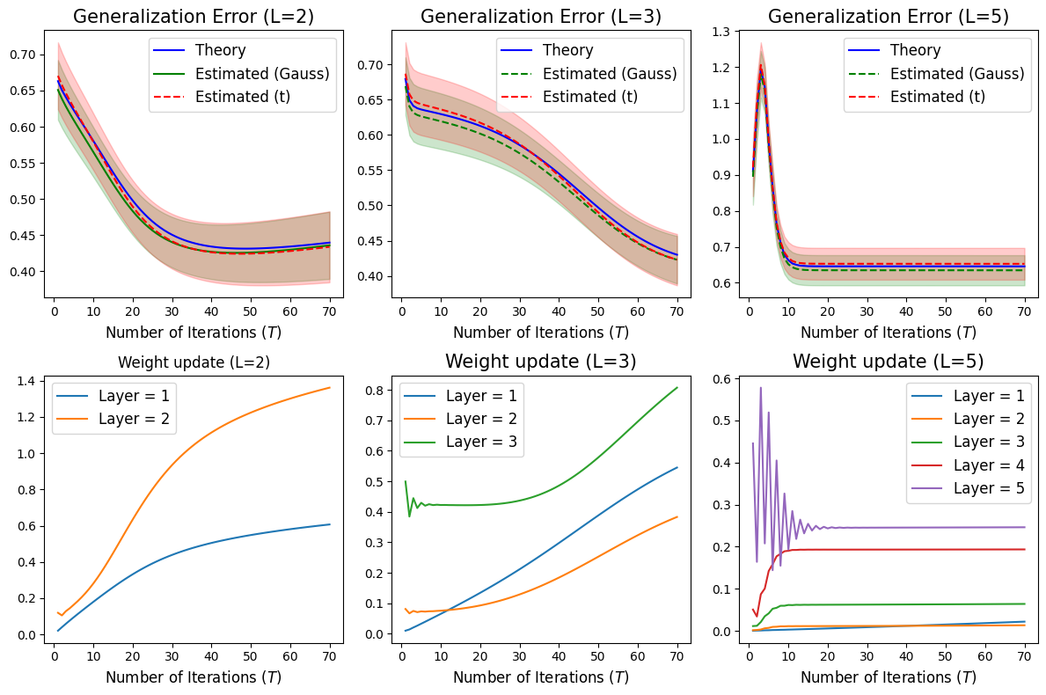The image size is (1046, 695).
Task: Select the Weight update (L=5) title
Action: (888, 361)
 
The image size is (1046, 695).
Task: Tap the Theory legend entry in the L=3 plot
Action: (567, 50)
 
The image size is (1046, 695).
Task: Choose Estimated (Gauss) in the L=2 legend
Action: (260, 73)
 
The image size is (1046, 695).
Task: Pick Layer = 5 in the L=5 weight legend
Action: (987, 489)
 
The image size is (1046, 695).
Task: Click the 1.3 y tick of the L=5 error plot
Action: (728, 32)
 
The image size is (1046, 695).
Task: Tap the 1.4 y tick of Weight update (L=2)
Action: (28, 381)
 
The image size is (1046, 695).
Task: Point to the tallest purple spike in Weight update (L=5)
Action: (760, 388)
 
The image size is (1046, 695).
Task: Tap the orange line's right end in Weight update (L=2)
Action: (330, 388)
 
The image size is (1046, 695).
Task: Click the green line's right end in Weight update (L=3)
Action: (677, 387)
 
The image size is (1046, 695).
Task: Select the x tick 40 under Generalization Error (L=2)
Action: (210, 311)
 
